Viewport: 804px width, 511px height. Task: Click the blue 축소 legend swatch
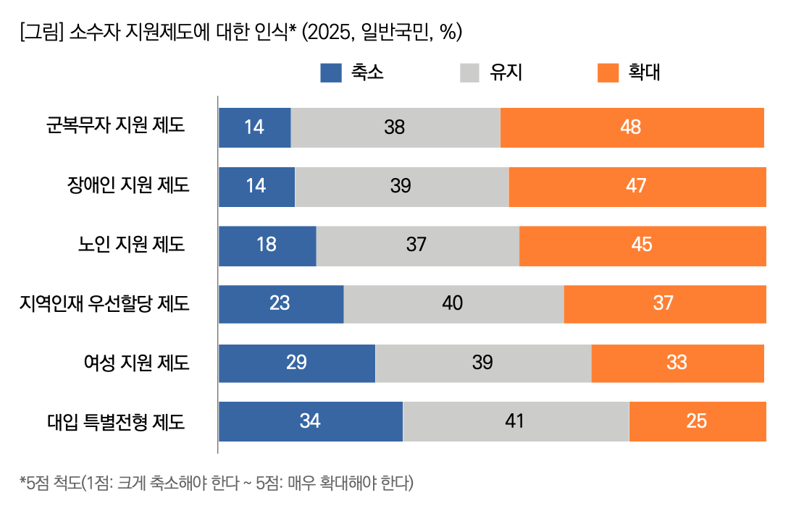click(331, 73)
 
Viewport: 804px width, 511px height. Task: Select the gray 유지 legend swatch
click(470, 73)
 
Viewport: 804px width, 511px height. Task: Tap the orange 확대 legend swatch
click(608, 73)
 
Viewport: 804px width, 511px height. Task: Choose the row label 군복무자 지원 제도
click(115, 126)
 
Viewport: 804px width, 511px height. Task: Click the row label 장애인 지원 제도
click(127, 185)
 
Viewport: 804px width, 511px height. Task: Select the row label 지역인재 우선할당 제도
click(105, 303)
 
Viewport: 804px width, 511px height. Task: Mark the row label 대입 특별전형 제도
click(116, 421)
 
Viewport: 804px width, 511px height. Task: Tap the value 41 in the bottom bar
click(514, 421)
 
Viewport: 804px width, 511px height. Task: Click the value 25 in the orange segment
click(696, 421)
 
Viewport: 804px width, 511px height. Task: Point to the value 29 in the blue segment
click(296, 363)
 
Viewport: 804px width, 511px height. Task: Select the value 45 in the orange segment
click(642, 245)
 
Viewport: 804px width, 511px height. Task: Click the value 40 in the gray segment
click(453, 303)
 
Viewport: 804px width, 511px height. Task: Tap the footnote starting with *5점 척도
click(217, 483)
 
